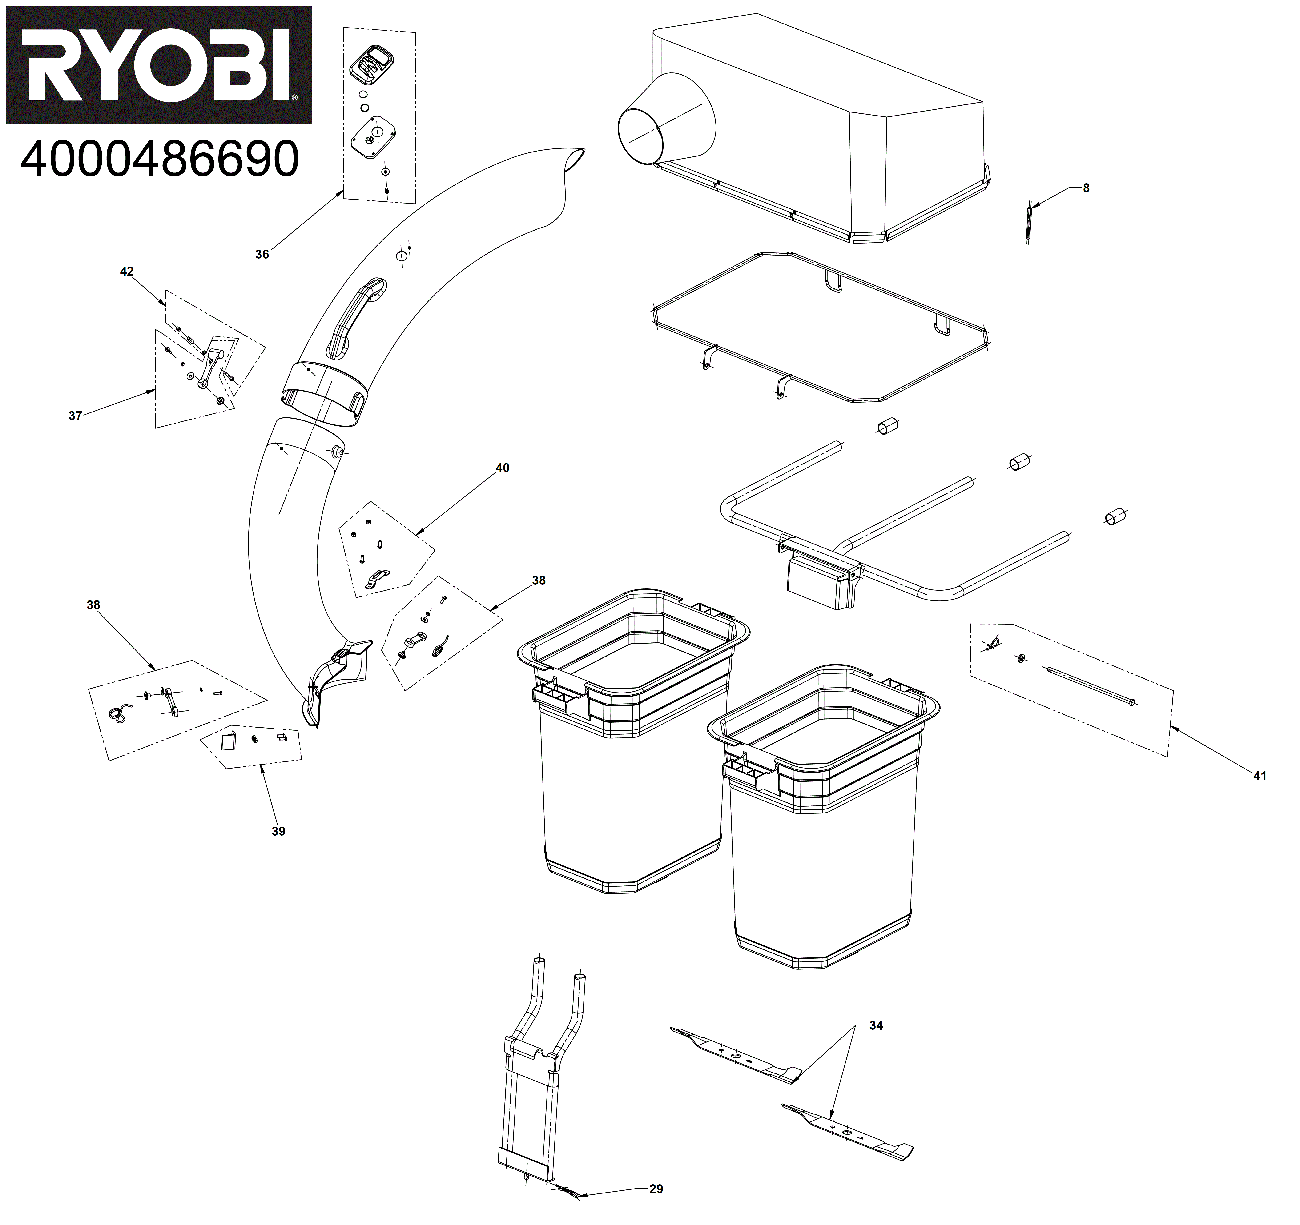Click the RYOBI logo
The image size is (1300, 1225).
click(159, 65)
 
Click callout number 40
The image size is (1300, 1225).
click(502, 468)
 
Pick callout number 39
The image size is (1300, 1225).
click(279, 832)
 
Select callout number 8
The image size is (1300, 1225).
click(1086, 188)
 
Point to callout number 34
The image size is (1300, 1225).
click(876, 1026)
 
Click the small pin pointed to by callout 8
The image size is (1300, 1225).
click(1029, 222)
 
